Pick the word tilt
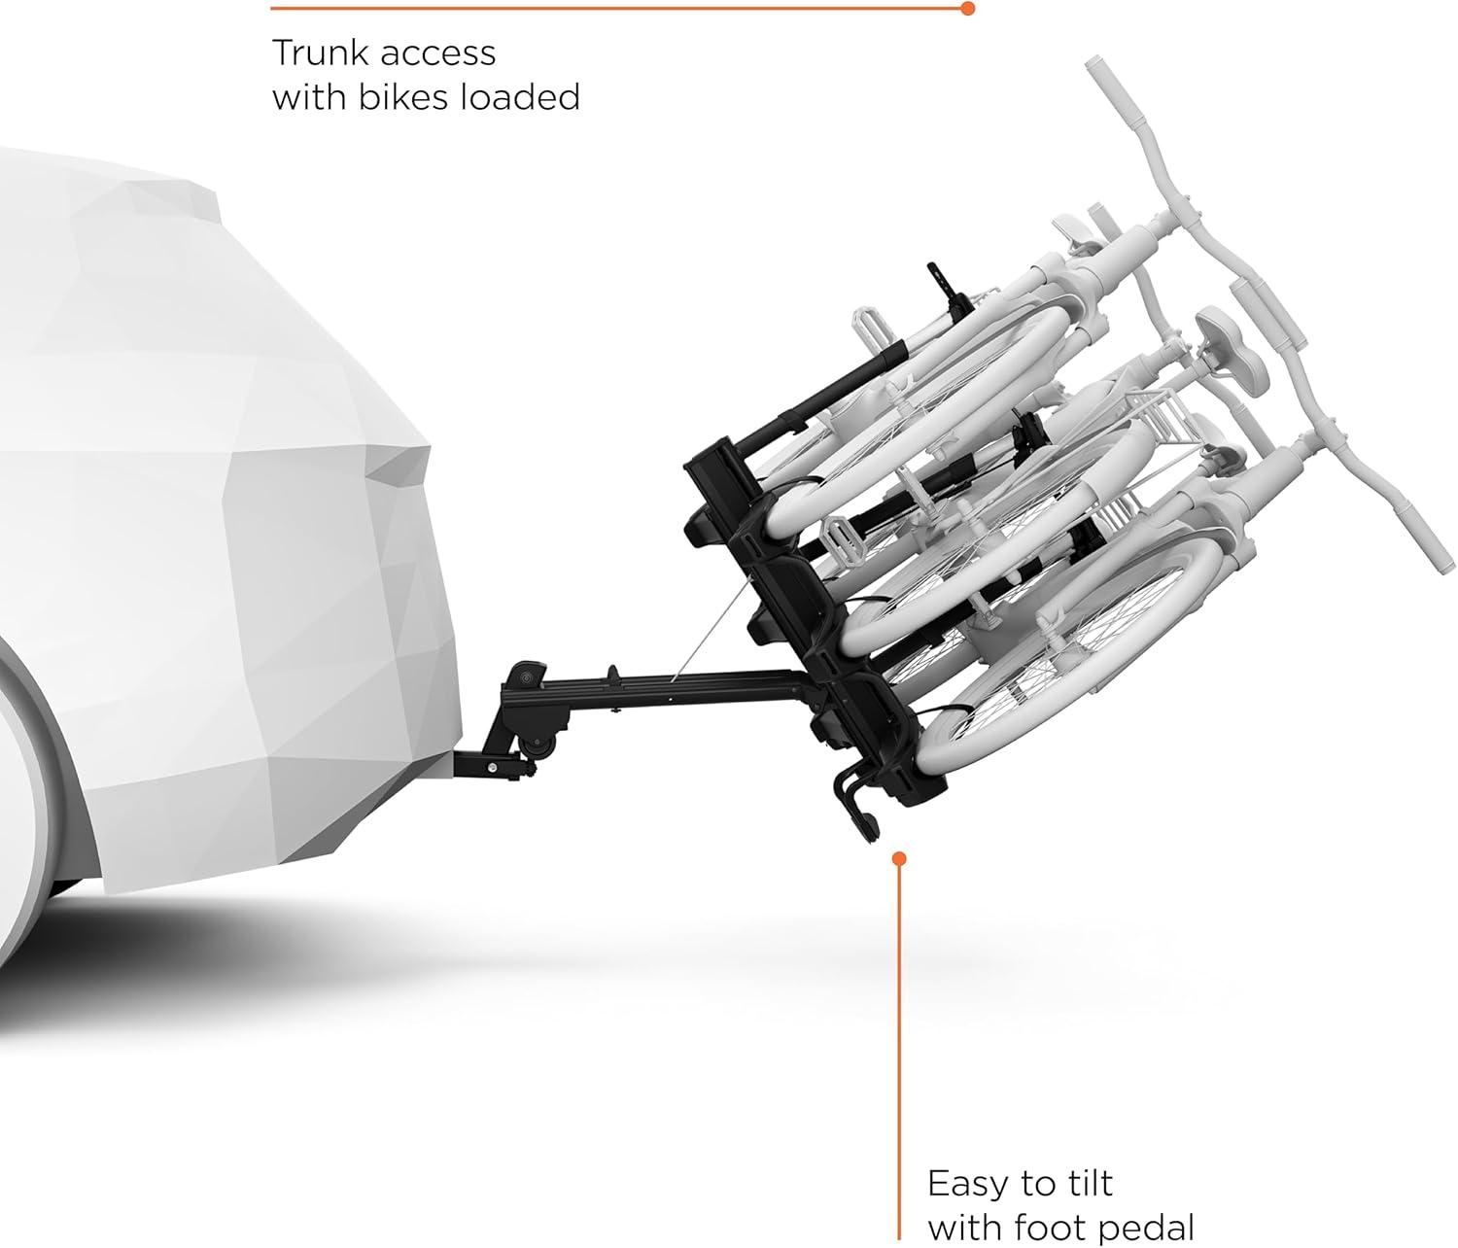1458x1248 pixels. point(1090,1183)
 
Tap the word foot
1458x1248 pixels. point(1051,1228)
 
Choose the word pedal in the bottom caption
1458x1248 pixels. point(1146,1229)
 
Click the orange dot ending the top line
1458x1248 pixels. point(968,9)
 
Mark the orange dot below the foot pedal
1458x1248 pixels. point(899,858)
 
